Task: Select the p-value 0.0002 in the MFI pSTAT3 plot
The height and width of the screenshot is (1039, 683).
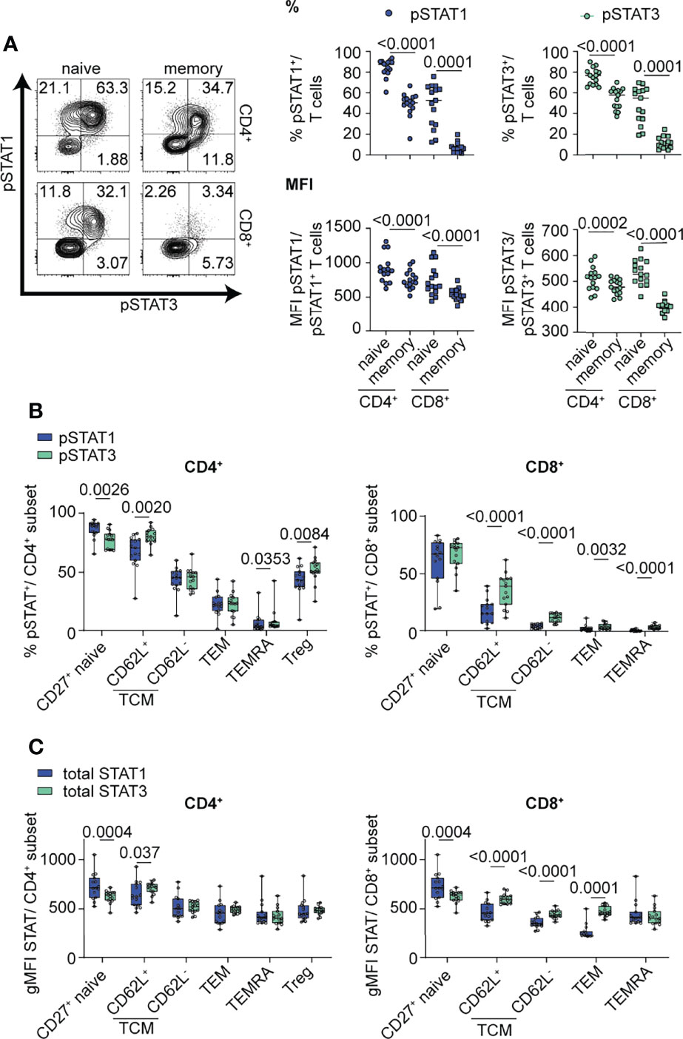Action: click(583, 223)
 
